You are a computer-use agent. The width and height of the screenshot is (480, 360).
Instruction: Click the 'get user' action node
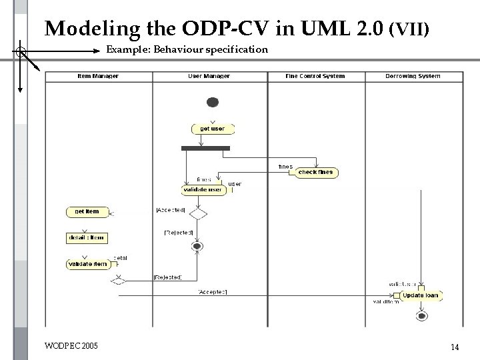[212, 129]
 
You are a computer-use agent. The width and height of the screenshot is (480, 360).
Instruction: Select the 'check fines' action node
[315, 172]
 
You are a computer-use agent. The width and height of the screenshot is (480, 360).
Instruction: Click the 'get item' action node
[86, 212]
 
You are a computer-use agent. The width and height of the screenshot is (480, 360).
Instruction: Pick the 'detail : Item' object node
[86, 237]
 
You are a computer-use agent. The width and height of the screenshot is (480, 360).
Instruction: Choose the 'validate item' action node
[87, 264]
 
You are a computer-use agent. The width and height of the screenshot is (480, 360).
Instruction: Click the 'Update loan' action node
[420, 295]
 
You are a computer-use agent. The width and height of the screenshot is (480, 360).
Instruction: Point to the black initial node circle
[213, 102]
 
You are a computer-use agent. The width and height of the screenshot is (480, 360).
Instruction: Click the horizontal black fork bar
[205, 148]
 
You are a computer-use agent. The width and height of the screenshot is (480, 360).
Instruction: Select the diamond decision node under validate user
[198, 214]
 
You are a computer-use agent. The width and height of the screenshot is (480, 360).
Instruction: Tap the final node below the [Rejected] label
[197, 246]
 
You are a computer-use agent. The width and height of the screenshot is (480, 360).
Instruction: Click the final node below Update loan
[421, 315]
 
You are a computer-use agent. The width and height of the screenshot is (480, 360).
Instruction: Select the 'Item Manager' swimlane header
[98, 76]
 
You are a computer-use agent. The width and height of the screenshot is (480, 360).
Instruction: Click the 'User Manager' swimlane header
[209, 76]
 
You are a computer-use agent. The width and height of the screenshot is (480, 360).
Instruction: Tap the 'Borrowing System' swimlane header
[413, 76]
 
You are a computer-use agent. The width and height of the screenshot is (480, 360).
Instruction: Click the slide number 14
[455, 347]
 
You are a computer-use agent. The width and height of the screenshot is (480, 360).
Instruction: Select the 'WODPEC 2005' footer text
[71, 346]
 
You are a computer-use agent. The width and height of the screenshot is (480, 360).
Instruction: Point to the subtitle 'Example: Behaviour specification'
[187, 49]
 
